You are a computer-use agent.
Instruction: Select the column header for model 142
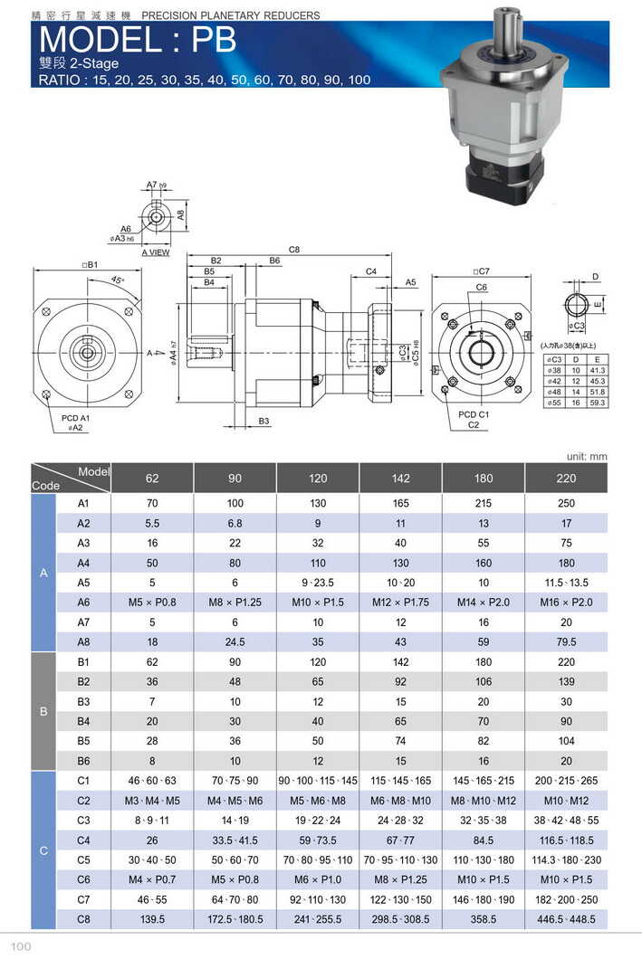[400, 478]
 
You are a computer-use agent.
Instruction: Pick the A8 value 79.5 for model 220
[566, 641]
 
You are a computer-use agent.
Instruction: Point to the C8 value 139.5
[151, 918]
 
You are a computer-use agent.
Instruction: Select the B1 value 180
[484, 661]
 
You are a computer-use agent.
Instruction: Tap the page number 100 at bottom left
[23, 946]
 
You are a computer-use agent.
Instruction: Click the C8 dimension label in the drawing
[294, 250]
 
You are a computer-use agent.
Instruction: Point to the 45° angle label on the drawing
[117, 280]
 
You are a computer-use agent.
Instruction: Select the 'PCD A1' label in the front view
[74, 418]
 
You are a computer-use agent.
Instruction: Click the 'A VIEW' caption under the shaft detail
[155, 252]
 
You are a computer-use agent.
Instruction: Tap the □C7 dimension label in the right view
[481, 271]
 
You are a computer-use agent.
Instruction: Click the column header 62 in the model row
[151, 478]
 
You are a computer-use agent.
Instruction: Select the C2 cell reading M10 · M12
[566, 800]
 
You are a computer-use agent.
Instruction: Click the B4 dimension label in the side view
[209, 282]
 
